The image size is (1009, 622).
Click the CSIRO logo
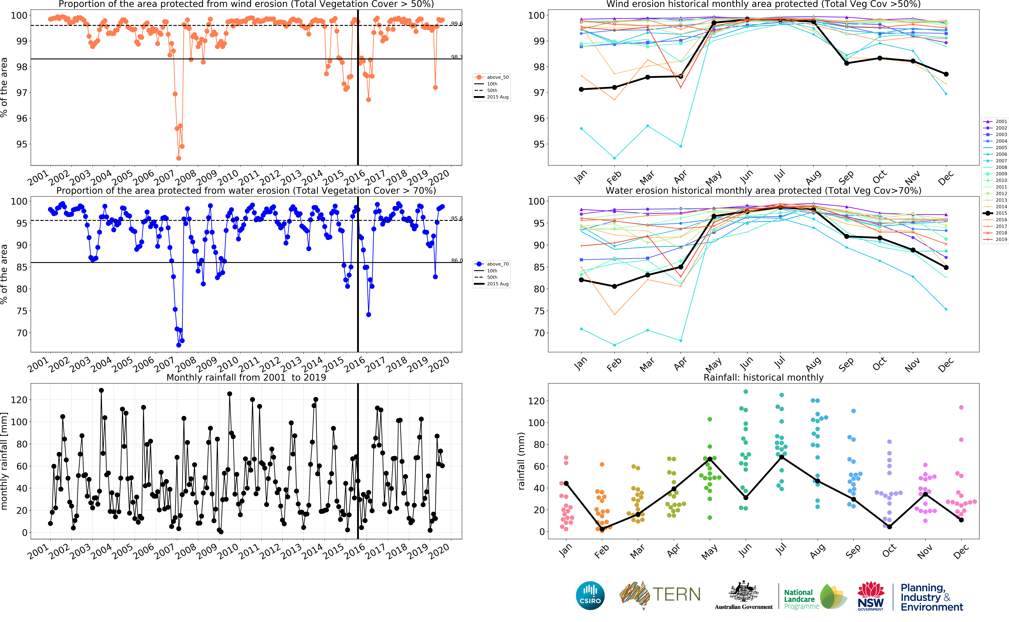point(590,595)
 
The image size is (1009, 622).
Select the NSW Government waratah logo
point(870,595)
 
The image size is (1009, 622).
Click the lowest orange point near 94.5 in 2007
point(178,158)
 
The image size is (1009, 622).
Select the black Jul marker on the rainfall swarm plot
point(781,457)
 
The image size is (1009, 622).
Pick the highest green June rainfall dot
point(746,392)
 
